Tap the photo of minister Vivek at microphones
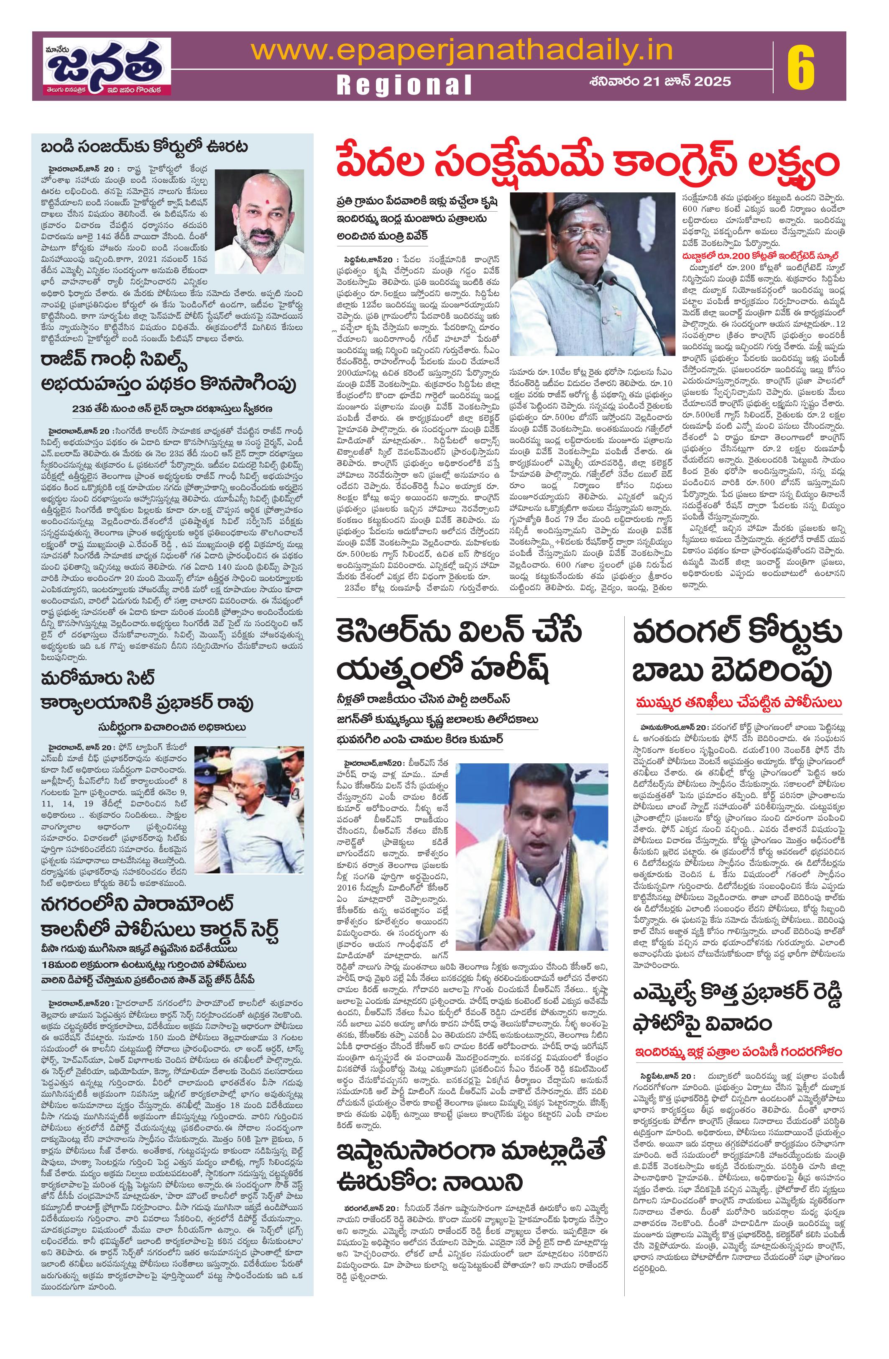point(590,274)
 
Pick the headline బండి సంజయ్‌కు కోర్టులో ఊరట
point(144,147)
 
